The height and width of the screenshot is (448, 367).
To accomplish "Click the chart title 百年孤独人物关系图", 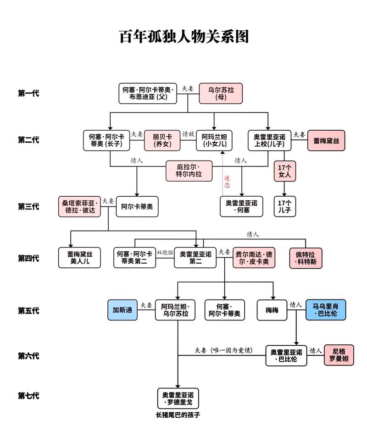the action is (184, 37).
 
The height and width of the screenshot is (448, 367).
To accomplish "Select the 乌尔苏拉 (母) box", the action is (221, 94).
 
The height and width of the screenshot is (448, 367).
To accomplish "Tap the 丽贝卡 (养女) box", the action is (162, 140).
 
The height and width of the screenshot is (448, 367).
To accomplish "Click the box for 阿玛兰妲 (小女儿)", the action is (214, 140).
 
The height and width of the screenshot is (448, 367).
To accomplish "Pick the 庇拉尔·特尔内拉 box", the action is (189, 171).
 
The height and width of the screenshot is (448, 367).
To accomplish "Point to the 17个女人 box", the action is (285, 171).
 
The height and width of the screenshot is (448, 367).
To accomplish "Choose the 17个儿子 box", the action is (285, 206).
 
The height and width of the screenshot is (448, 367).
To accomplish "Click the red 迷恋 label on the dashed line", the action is (227, 182).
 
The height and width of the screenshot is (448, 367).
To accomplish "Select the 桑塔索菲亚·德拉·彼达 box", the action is (79, 206).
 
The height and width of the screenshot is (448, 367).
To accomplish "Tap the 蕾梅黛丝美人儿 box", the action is (79, 257).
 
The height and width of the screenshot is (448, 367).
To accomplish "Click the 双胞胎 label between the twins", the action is (165, 252).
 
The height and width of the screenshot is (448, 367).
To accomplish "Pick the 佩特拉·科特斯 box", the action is (306, 258).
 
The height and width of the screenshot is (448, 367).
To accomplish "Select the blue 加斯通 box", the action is (122, 310).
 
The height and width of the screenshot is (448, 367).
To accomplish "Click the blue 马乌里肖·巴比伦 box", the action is (326, 310).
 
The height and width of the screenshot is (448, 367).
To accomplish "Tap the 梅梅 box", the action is (272, 310).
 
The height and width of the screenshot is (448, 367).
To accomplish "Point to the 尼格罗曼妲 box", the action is (339, 355).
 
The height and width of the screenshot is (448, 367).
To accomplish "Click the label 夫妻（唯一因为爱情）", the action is (224, 350).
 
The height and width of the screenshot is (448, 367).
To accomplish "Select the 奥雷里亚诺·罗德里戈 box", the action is (178, 398).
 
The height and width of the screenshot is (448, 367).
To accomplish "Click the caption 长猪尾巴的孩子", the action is (178, 415).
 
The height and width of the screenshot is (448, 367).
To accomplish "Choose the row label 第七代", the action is (28, 396).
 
